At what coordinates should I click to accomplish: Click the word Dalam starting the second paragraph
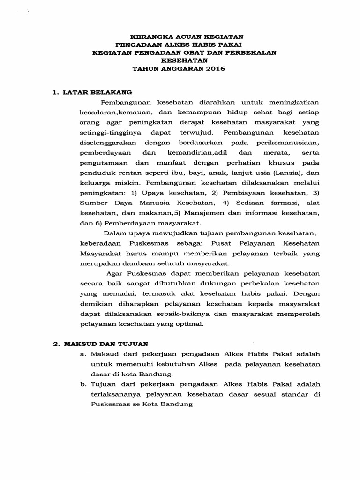(x=113, y=232)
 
